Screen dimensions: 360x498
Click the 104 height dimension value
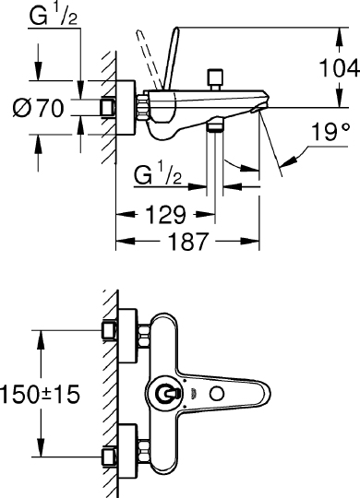point(339,67)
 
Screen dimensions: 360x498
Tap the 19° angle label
point(330,132)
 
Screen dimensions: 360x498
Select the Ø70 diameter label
point(39,108)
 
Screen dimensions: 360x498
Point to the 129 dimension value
point(165,215)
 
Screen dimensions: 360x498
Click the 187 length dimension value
point(187,242)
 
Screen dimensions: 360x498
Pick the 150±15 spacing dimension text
point(40,394)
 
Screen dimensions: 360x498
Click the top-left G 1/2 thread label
point(54,16)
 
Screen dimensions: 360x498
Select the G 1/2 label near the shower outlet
point(158,175)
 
